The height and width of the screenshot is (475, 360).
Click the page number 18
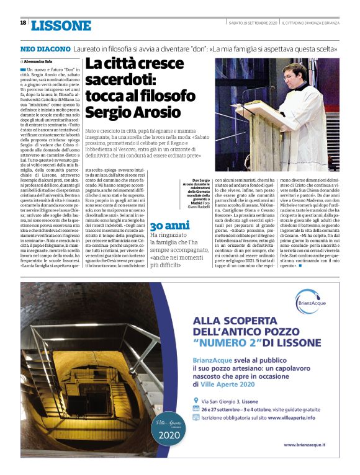coord(23,22)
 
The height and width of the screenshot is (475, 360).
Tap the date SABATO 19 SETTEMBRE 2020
coord(253,23)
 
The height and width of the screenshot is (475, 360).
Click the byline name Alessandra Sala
coord(38,62)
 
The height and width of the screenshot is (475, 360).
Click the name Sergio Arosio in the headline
coord(133,112)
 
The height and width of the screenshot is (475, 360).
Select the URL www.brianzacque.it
coord(305,445)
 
